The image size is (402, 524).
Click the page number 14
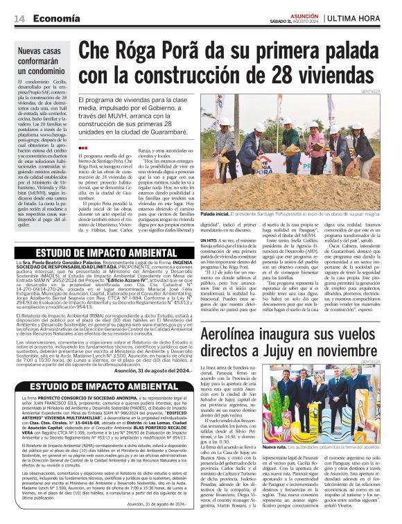[x=19, y=19]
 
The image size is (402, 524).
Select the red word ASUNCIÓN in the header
[x=286, y=15]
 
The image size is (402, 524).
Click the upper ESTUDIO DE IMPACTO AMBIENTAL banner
[x=97, y=252]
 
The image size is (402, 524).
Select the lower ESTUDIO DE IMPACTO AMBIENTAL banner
[x=97, y=387]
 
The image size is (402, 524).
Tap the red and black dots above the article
[x=83, y=147]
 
